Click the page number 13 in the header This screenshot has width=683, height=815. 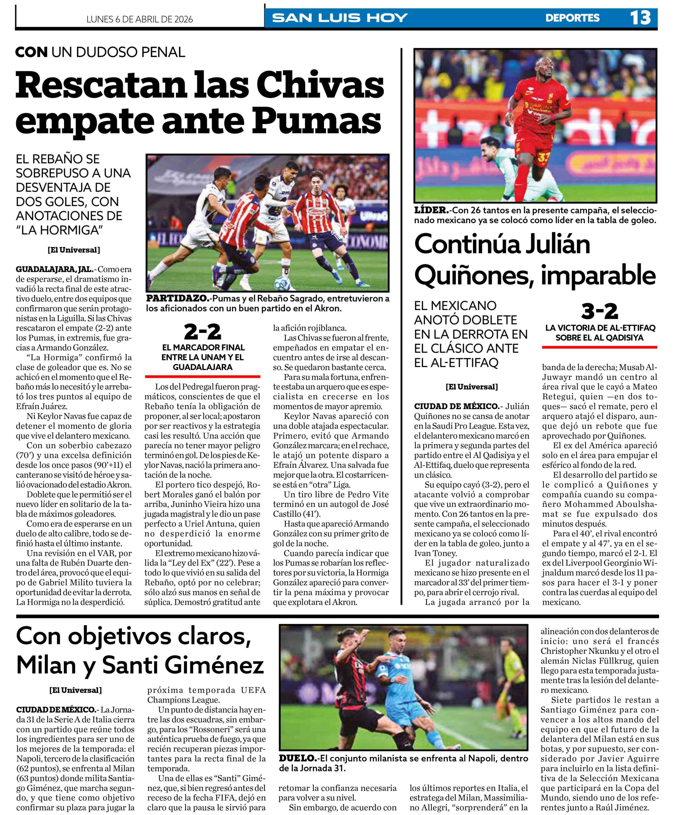click(x=640, y=18)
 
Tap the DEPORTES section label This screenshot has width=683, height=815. click(x=572, y=18)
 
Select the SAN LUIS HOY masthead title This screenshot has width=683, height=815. click(x=340, y=18)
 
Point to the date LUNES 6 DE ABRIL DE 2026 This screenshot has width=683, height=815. click(x=140, y=19)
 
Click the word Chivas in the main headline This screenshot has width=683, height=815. click(x=322, y=86)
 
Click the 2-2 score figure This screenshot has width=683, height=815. click(x=202, y=332)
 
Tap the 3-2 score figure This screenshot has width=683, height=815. click(x=599, y=312)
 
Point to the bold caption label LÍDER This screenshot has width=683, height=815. click(x=431, y=210)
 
